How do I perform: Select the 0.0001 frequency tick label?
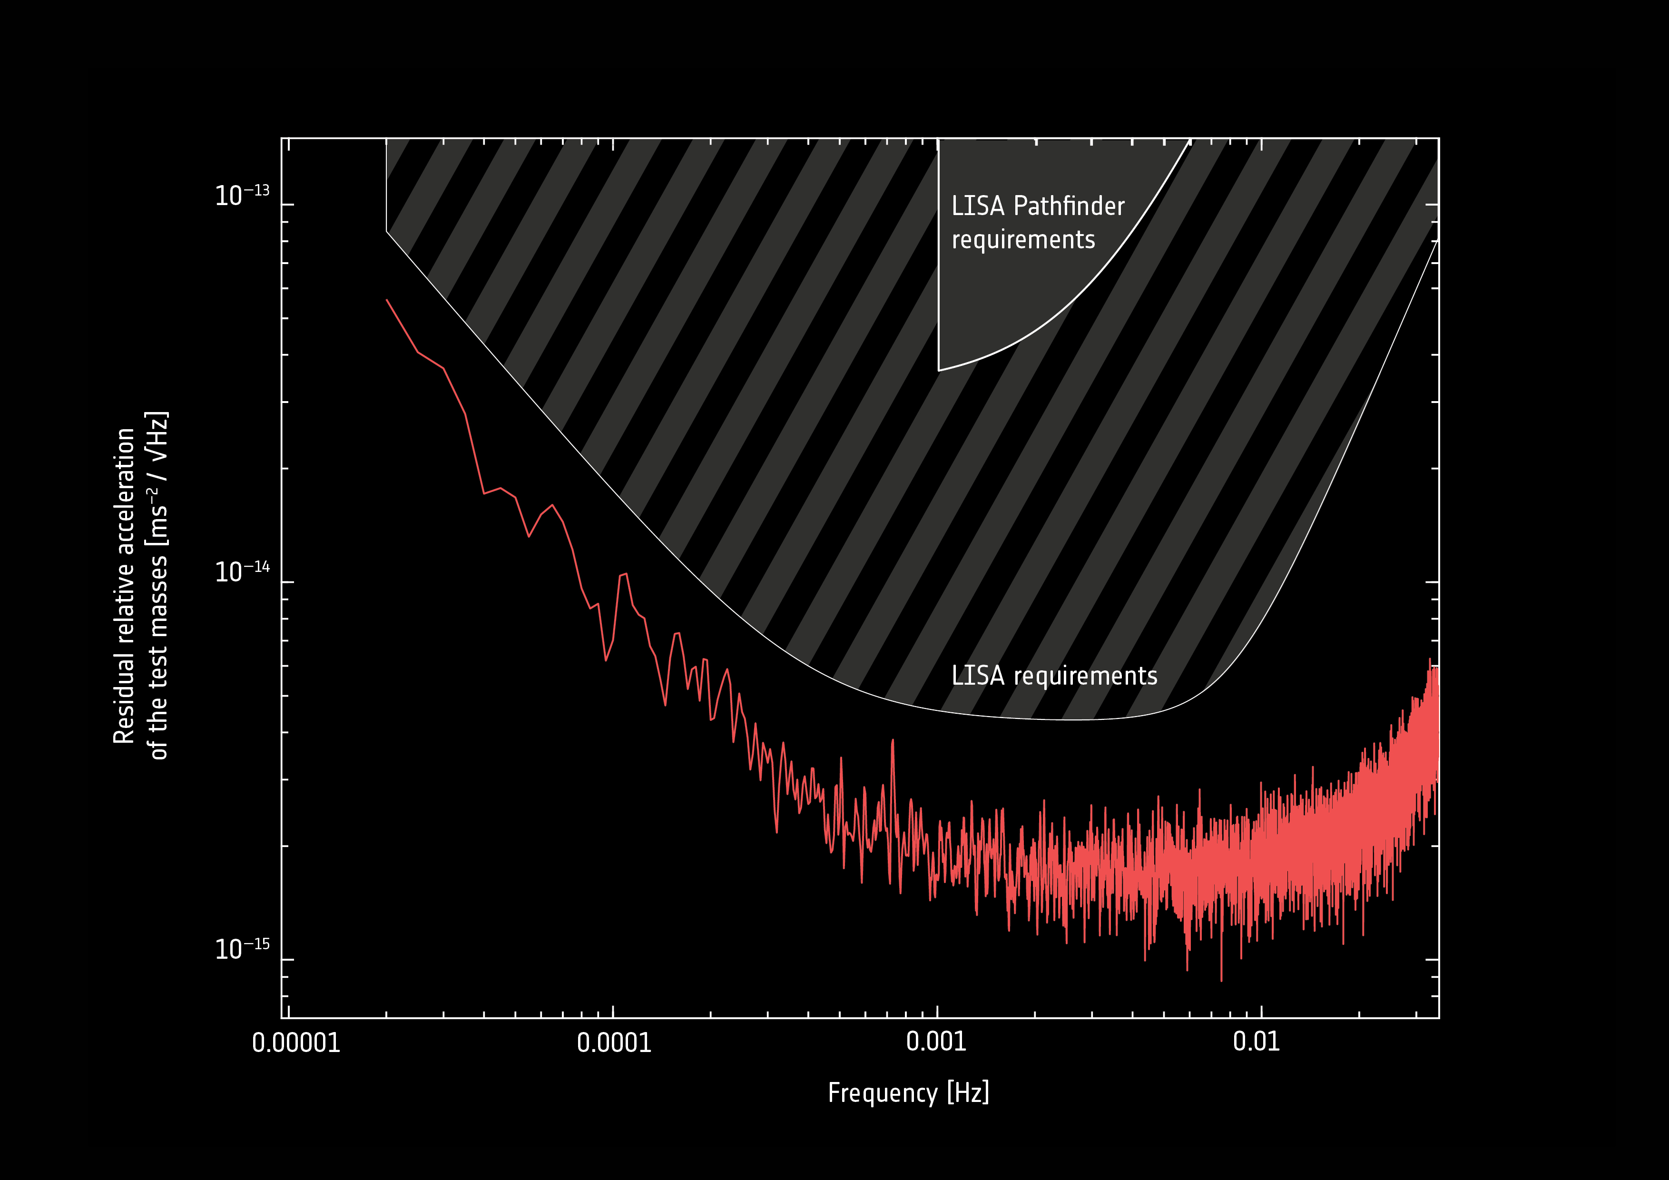(614, 1042)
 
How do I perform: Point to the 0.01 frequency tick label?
(1256, 1041)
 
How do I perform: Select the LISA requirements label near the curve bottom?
(1054, 676)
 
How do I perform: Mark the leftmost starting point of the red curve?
(387, 300)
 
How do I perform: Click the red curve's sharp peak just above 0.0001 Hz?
(624, 574)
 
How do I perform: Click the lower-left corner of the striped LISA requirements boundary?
(387, 232)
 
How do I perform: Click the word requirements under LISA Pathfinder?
(1023, 240)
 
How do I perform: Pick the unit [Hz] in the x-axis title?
(968, 1093)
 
